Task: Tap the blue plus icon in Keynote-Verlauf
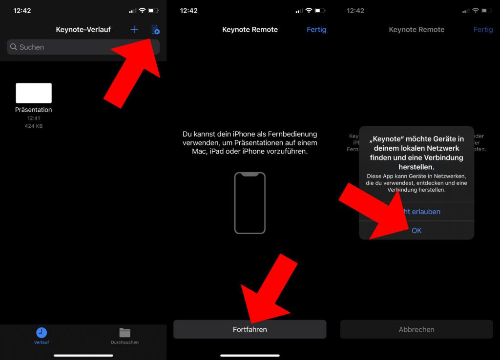point(134,30)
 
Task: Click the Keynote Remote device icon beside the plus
point(155,30)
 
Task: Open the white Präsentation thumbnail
point(34,93)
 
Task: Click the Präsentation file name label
point(34,110)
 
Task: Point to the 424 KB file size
point(34,126)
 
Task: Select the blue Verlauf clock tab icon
point(42,333)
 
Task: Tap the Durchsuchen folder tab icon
point(125,333)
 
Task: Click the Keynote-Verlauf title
point(83,30)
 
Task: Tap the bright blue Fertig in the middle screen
point(316,30)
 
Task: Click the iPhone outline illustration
point(250,203)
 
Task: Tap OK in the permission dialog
point(417,230)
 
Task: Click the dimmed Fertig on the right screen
point(483,30)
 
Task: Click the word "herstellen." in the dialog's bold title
point(417,167)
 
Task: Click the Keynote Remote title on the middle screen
point(250,30)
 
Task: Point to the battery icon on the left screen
point(153,10)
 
